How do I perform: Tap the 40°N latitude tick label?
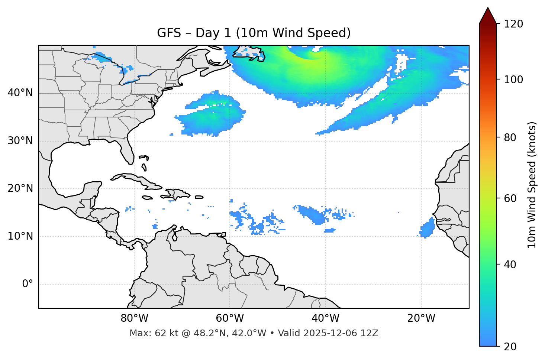(x=20, y=93)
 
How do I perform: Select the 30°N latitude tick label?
(x=20, y=141)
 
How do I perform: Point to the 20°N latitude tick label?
(x=20, y=188)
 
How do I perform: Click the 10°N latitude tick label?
(x=20, y=236)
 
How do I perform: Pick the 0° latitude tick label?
(x=28, y=284)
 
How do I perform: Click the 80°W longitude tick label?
(x=134, y=318)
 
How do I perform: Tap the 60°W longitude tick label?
(x=230, y=318)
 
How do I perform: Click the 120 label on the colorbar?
(x=513, y=24)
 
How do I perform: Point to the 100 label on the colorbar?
(x=513, y=80)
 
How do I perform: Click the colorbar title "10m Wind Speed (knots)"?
(x=532, y=185)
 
